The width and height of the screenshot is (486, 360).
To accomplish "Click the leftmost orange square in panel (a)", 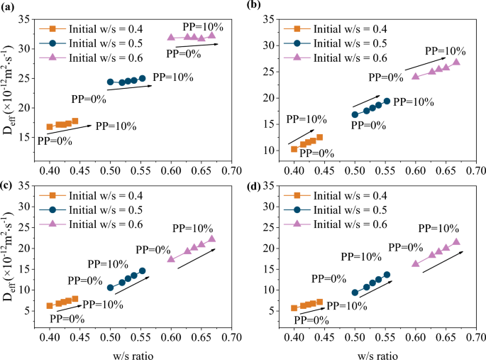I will (50, 127).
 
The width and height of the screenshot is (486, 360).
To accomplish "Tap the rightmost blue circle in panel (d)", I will (387, 275).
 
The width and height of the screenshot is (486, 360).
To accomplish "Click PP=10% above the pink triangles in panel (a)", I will (203, 27).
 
